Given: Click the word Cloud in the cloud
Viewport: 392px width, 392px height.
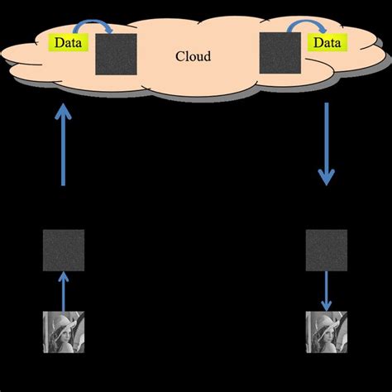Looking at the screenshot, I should point(194,56).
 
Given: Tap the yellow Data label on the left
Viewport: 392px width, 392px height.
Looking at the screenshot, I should point(67,41).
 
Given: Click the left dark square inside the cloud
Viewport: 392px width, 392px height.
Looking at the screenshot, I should point(116,54).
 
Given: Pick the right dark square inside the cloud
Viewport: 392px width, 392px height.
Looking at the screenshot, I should point(280,54).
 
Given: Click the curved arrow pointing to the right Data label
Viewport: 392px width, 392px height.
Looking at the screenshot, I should point(301,29).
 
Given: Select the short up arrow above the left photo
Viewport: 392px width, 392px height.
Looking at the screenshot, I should point(63,291).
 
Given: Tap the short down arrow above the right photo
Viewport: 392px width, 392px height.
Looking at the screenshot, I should point(327,289).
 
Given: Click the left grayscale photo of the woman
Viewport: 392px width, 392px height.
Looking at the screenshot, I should point(63,333).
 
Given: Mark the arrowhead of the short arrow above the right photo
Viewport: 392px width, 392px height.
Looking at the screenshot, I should point(327,304).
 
